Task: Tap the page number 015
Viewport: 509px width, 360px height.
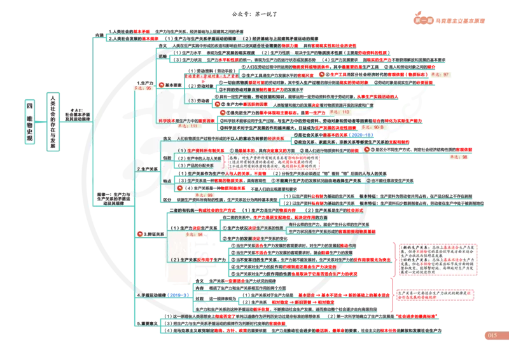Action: (491, 335)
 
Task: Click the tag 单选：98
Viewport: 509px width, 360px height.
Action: (459, 156)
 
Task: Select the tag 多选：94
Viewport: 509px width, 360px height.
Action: (193, 235)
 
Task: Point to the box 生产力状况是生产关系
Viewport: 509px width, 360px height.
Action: (308, 233)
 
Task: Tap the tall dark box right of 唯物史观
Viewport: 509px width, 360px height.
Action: (53, 123)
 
